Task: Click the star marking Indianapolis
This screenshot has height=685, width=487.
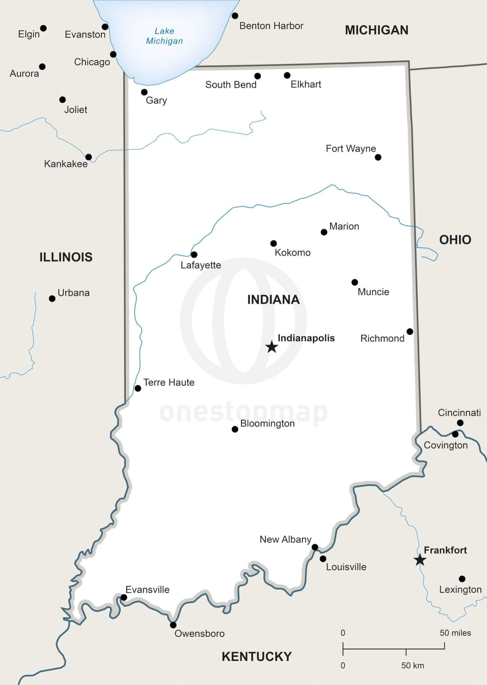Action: [x=272, y=347]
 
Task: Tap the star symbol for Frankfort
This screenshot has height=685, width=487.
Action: [x=419, y=560]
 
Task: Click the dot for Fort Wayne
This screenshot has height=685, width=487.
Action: [x=378, y=157]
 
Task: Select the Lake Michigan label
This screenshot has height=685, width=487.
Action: [x=164, y=36]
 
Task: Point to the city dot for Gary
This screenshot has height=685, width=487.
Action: [x=144, y=92]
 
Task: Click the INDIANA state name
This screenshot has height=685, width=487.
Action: [x=273, y=300]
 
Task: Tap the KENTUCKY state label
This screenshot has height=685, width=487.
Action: [x=257, y=657]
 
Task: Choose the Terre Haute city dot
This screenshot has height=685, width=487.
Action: [x=138, y=388]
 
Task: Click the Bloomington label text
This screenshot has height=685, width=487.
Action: [x=267, y=423]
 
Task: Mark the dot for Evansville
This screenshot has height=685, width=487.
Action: [x=124, y=597]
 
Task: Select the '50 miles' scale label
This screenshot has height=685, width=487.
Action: [x=455, y=633]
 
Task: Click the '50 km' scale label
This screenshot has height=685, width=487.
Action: [x=412, y=666]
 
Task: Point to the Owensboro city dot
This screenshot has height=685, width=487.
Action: [x=173, y=625]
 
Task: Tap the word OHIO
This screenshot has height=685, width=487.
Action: [x=455, y=240]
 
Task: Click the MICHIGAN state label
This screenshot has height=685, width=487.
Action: [x=377, y=30]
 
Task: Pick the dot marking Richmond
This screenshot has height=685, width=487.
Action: [x=410, y=331]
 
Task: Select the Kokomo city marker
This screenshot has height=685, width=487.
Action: [x=274, y=243]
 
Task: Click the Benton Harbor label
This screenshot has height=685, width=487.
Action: [x=271, y=26]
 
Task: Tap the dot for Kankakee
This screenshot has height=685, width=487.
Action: [x=89, y=157]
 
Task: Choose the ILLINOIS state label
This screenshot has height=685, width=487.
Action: [x=66, y=257]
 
